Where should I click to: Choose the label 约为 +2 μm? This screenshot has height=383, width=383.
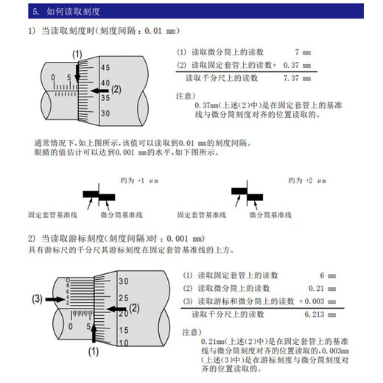click(x=304, y=180)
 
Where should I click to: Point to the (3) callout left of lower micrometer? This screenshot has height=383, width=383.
click(x=36, y=299)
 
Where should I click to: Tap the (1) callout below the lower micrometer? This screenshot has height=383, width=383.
click(x=94, y=352)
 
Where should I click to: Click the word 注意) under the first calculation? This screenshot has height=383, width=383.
click(x=186, y=96)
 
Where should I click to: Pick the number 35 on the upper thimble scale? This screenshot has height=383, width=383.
click(x=105, y=96)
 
